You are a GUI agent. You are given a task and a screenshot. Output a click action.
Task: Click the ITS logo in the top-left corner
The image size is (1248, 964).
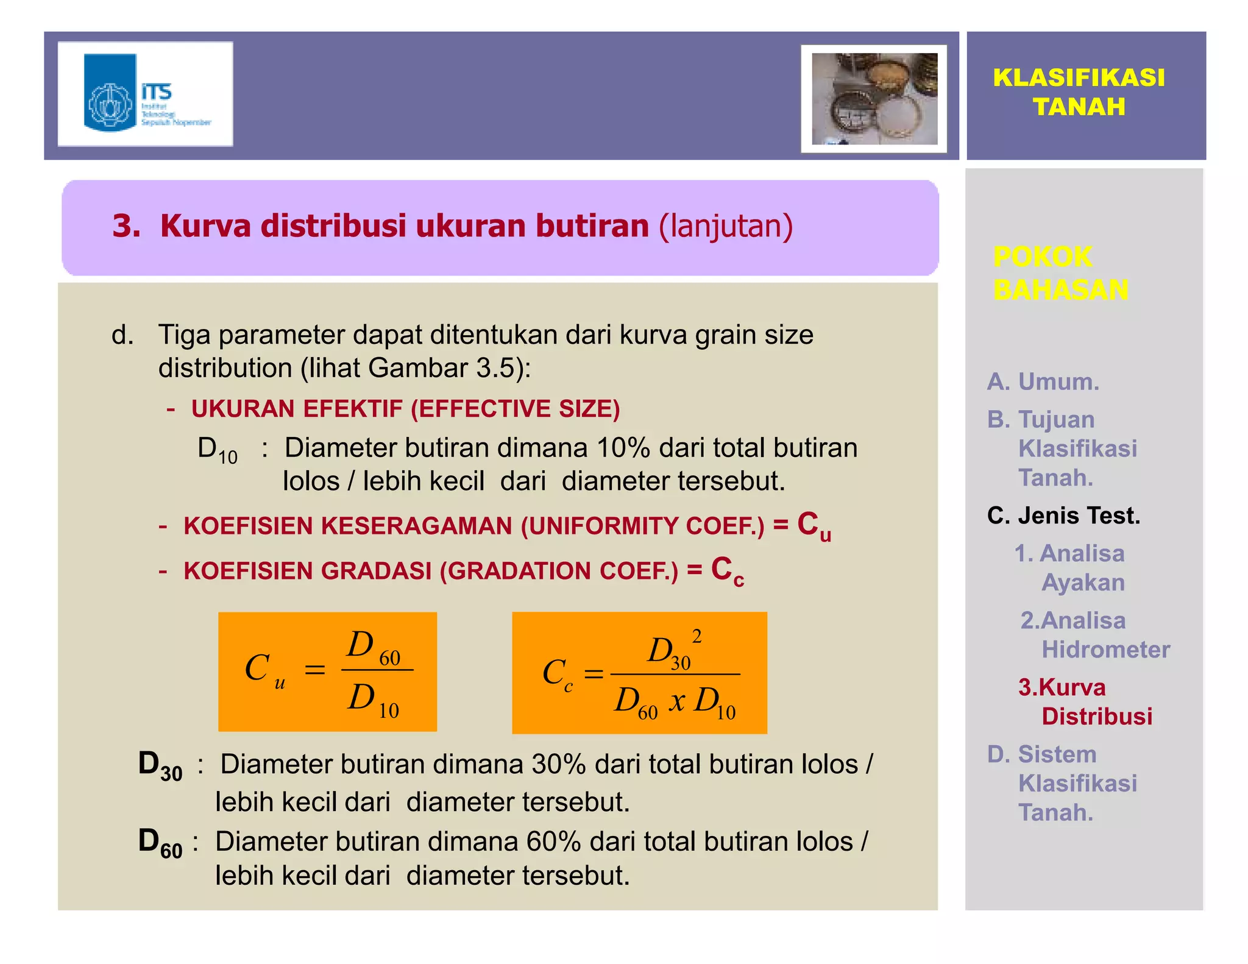(x=145, y=94)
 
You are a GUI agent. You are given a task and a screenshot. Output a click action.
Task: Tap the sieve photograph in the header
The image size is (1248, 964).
(x=874, y=99)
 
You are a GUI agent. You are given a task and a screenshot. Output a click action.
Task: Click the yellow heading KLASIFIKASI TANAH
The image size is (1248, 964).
(x=1079, y=92)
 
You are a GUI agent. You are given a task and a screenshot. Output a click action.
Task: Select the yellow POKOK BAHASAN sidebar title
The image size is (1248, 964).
(x=1060, y=273)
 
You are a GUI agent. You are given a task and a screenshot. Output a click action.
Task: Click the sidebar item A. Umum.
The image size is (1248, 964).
(x=1043, y=382)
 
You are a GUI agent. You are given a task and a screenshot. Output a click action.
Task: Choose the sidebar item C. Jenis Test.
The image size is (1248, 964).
(x=1063, y=516)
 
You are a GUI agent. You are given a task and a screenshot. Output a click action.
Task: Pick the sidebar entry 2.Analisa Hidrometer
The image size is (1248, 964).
(x=1094, y=635)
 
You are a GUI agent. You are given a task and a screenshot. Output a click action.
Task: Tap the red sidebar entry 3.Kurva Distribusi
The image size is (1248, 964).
(x=1085, y=702)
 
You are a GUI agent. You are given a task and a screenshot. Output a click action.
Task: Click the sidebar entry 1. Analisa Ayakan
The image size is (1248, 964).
(x=1070, y=568)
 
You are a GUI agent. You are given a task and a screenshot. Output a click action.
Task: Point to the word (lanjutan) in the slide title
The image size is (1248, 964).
(x=726, y=226)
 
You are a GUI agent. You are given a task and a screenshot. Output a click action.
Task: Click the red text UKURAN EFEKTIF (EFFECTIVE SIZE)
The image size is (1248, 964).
(x=405, y=409)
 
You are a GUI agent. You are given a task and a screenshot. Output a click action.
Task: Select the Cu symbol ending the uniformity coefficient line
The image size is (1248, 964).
(x=814, y=526)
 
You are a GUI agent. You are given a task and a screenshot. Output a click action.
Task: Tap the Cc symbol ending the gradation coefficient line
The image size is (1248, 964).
(x=727, y=572)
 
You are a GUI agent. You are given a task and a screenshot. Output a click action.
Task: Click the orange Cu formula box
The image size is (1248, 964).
(x=327, y=672)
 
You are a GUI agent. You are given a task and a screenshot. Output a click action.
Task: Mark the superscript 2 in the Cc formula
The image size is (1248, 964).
(x=697, y=637)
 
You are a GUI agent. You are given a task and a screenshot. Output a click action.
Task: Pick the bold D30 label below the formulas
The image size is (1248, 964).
(x=160, y=766)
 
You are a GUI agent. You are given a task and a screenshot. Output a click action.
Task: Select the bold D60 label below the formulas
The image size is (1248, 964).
(x=160, y=843)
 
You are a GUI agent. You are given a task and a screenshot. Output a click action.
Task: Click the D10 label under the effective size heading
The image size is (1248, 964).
(x=218, y=450)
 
